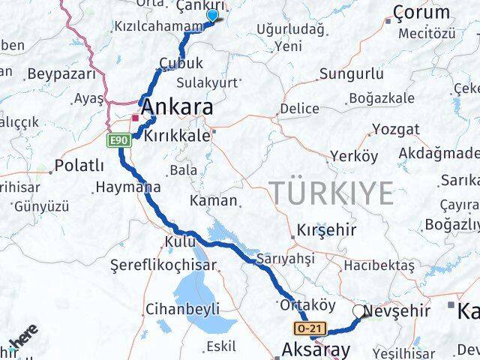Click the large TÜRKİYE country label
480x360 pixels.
pos(331,193)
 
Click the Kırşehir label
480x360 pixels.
pos(326,230)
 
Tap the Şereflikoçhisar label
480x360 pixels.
pos(163,265)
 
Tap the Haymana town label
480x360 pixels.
pos(124,187)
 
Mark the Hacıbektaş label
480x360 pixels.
pos(379,265)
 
